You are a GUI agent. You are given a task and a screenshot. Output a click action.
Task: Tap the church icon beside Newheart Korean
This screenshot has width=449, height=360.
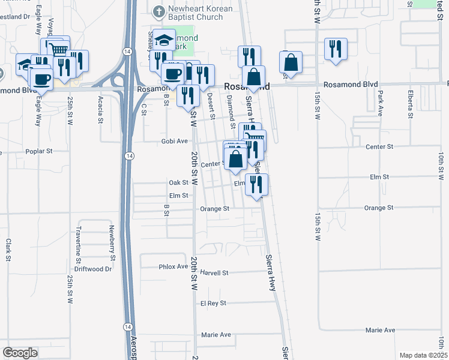(158, 11)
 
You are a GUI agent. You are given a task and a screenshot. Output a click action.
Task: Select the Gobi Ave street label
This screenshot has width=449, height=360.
(173, 141)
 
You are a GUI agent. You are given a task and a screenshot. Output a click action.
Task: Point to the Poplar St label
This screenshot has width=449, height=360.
(40, 152)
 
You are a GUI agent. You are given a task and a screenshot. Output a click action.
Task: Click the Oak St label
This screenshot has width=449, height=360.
(179, 182)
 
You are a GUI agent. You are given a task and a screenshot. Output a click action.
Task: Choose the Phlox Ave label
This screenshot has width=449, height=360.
(173, 266)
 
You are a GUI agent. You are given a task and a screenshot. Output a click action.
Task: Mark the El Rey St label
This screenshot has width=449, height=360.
(213, 303)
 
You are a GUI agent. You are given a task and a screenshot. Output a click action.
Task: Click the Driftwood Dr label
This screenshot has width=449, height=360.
(95, 269)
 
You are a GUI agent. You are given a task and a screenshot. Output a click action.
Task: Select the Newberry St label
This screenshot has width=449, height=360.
(112, 239)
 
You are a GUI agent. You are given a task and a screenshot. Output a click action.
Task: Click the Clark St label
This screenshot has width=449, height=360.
(9, 250)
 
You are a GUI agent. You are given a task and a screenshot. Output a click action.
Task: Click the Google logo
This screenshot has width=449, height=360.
(20, 353)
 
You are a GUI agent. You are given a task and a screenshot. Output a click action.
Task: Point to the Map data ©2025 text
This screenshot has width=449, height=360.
(423, 355)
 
